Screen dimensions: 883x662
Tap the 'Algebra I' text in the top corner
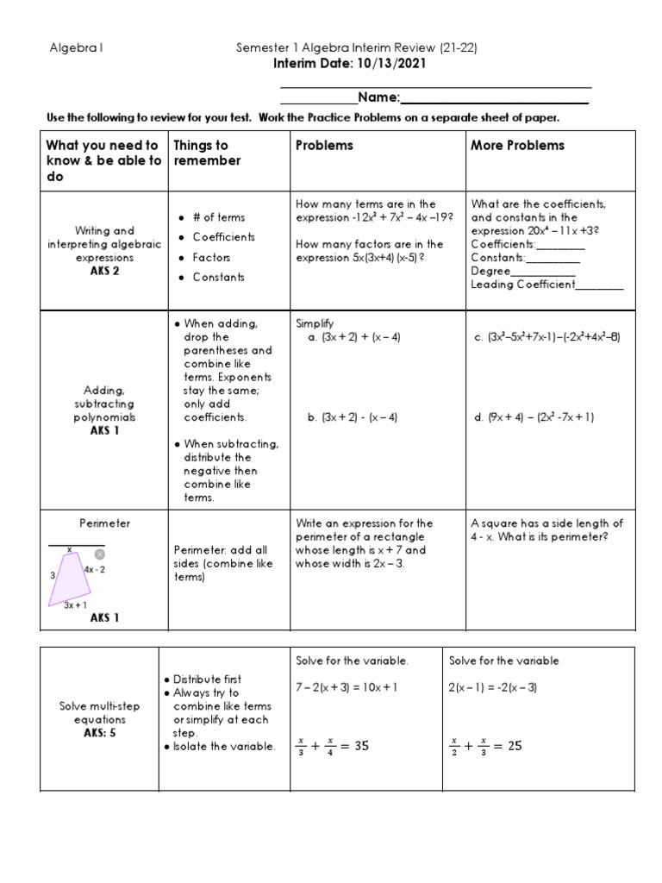coord(77,48)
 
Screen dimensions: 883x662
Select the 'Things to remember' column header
coord(208,153)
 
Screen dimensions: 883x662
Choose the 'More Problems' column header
coord(517,145)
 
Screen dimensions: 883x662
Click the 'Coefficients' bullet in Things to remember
coord(223,237)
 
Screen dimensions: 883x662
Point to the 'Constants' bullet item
coord(218,277)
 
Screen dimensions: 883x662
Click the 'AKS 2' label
coord(104,271)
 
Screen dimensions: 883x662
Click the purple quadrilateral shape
coord(72,575)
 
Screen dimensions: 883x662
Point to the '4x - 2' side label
coord(94,570)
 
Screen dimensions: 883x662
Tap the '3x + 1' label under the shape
coord(75,605)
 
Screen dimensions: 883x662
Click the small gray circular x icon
coord(99,554)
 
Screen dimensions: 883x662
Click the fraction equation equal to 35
coord(332,746)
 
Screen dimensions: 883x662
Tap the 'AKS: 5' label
coord(99,733)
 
